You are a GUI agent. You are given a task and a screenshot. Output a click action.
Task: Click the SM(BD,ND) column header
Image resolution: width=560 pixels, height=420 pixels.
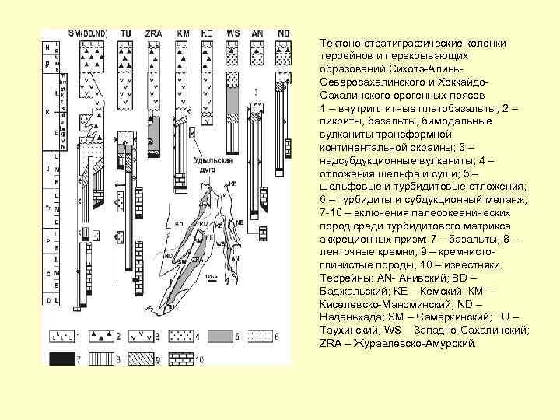tap(87, 33)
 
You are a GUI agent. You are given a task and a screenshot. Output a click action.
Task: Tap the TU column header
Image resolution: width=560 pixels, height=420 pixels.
tap(125, 33)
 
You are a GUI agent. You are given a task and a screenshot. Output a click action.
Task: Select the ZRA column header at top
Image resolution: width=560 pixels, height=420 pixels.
tap(153, 33)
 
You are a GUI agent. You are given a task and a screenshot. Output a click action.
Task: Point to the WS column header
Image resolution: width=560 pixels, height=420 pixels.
tap(233, 33)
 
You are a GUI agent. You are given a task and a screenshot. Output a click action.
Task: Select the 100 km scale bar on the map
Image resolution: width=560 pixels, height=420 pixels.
tap(211, 278)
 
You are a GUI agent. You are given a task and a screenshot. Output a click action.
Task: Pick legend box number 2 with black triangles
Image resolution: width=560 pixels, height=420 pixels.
tap(103, 336)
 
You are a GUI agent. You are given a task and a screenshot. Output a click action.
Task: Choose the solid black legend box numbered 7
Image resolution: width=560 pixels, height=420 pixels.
tap(59, 359)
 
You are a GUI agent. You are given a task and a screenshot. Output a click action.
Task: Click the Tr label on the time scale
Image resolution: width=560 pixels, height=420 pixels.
tap(47, 209)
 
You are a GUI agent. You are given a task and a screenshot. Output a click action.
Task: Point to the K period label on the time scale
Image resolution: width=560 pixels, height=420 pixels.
tap(47, 111)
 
